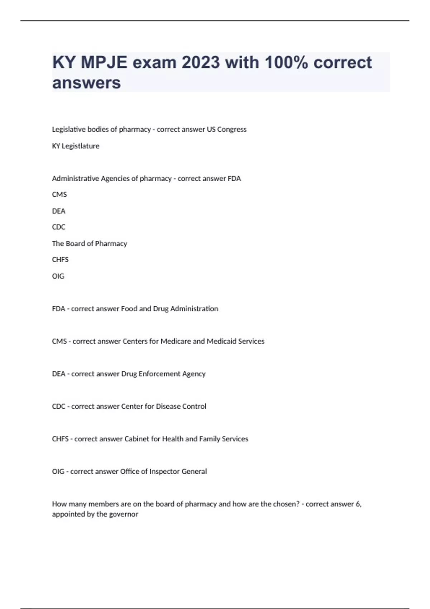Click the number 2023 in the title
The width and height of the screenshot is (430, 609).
[x=200, y=63]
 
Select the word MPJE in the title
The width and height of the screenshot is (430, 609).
[x=104, y=63]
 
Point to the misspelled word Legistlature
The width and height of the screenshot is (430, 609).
[x=81, y=146]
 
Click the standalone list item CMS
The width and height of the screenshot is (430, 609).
[x=59, y=195]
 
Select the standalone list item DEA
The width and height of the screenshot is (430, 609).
[x=59, y=211]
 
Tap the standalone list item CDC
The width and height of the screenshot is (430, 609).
[x=59, y=227]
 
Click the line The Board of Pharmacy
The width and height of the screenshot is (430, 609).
[x=90, y=244]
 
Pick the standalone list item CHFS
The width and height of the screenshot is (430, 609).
[x=60, y=260]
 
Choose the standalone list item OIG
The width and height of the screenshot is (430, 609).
[x=58, y=276]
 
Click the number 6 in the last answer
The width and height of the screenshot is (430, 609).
[x=358, y=504]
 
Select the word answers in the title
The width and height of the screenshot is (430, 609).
[x=87, y=83]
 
